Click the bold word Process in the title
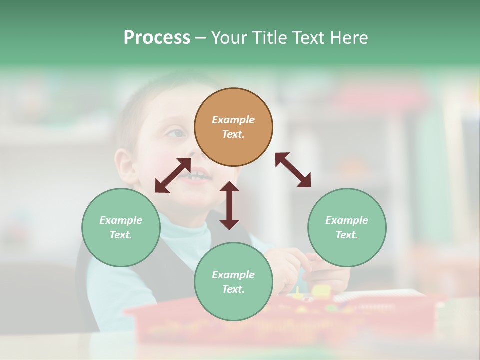tap(157, 38)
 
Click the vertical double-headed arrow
tap(229, 205)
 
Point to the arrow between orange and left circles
tap(173, 175)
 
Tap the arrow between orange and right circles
tap(293, 170)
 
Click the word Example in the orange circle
tap(233, 120)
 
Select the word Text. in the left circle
tap(121, 235)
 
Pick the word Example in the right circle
tap(347, 220)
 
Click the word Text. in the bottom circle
tap(233, 289)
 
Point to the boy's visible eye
tap(176, 133)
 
